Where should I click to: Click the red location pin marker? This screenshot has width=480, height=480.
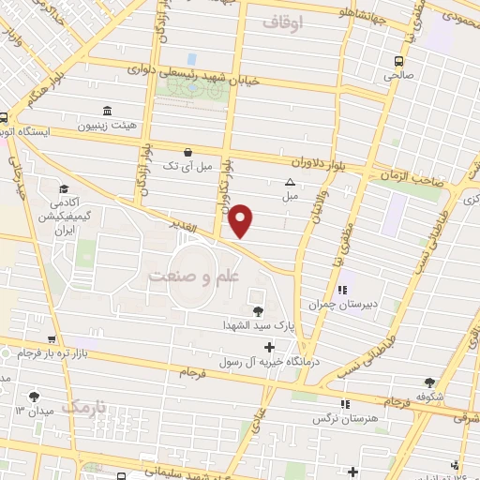241,219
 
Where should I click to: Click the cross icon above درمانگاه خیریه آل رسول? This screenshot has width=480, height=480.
270,347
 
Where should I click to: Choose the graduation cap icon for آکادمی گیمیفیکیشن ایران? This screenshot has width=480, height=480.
63,188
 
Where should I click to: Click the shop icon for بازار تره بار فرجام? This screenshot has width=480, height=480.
52,339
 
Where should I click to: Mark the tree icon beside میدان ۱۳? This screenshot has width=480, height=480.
36,397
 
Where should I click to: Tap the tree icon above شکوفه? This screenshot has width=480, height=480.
430,382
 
